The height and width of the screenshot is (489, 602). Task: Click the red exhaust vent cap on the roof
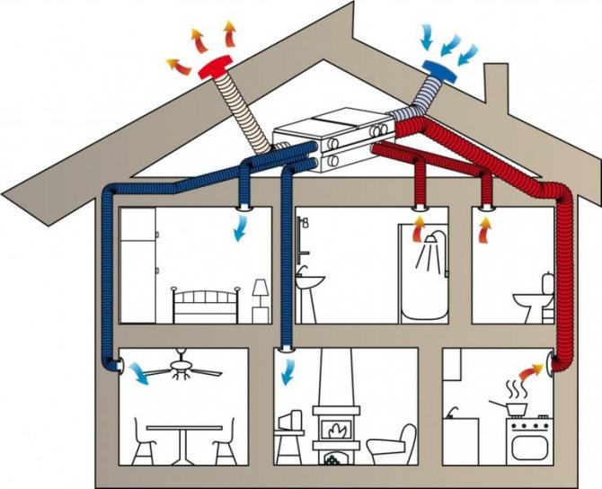coord(214,68)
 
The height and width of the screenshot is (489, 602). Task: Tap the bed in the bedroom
coord(206,306)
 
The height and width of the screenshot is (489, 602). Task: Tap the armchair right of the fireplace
coord(392,444)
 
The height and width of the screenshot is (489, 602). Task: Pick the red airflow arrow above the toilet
coord(486,235)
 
